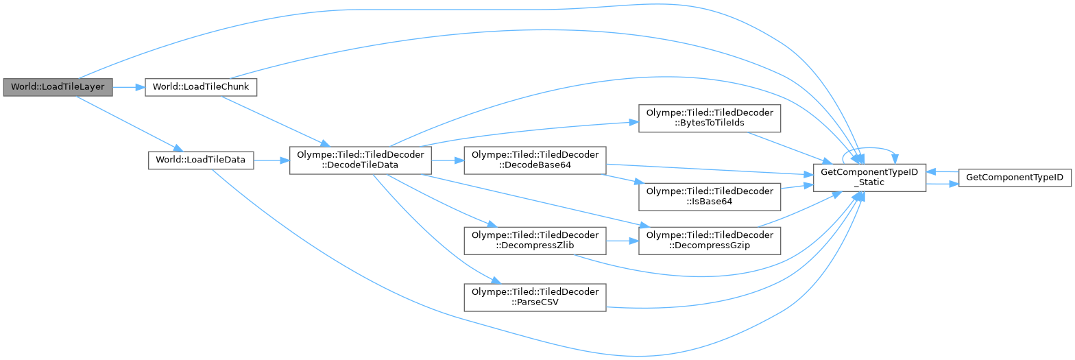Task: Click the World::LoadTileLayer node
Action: coord(58,87)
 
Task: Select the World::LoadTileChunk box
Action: coord(200,87)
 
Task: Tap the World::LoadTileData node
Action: coord(202,160)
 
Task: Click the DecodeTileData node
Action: coord(361,160)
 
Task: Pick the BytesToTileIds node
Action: coord(710,119)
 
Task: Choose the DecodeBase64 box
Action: coord(535,160)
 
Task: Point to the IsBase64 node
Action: coord(710,197)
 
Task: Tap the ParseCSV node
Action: coord(535,298)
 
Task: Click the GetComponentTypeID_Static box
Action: coord(869,178)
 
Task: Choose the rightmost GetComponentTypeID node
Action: coord(1014,178)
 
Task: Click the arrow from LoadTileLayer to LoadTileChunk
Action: coord(128,87)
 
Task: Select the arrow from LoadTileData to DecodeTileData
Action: coord(271,160)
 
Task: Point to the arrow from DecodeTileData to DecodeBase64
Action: coord(448,160)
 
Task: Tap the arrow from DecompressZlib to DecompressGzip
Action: coord(622,241)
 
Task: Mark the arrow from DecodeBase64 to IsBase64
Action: coord(620,178)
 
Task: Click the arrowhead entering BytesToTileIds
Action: coord(633,122)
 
